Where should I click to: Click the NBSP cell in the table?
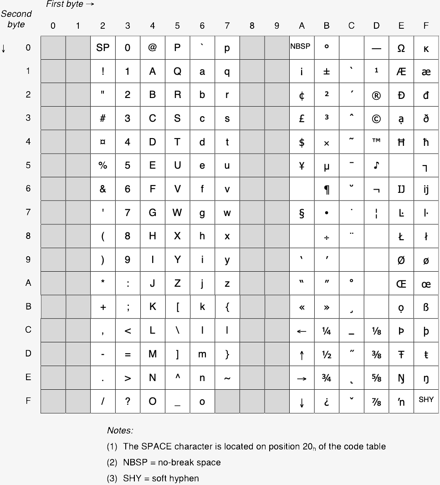[302, 47]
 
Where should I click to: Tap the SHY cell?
[426, 400]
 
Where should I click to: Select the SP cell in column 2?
[103, 47]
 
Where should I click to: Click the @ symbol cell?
[153, 47]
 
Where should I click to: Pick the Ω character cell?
[401, 47]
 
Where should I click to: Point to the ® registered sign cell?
[376, 95]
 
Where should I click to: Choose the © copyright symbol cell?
[376, 119]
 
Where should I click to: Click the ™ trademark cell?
[376, 141]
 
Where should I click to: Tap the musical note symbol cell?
[376, 166]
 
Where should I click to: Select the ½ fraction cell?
[327, 354]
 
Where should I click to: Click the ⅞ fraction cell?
[376, 402]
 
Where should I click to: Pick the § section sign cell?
[302, 213]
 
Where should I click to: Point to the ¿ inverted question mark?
[327, 402]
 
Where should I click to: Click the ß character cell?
[426, 307]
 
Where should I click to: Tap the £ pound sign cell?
[302, 119]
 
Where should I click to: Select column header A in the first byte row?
[302, 26]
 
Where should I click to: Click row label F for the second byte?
[28, 401]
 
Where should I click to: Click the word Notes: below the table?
[120, 430]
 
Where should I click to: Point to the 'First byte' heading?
[65, 5]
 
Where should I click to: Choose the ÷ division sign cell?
[327, 237]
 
